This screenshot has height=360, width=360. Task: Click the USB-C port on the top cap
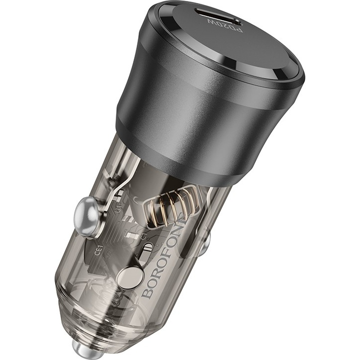click(223, 17)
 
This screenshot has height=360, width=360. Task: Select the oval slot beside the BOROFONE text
click(146, 252)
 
